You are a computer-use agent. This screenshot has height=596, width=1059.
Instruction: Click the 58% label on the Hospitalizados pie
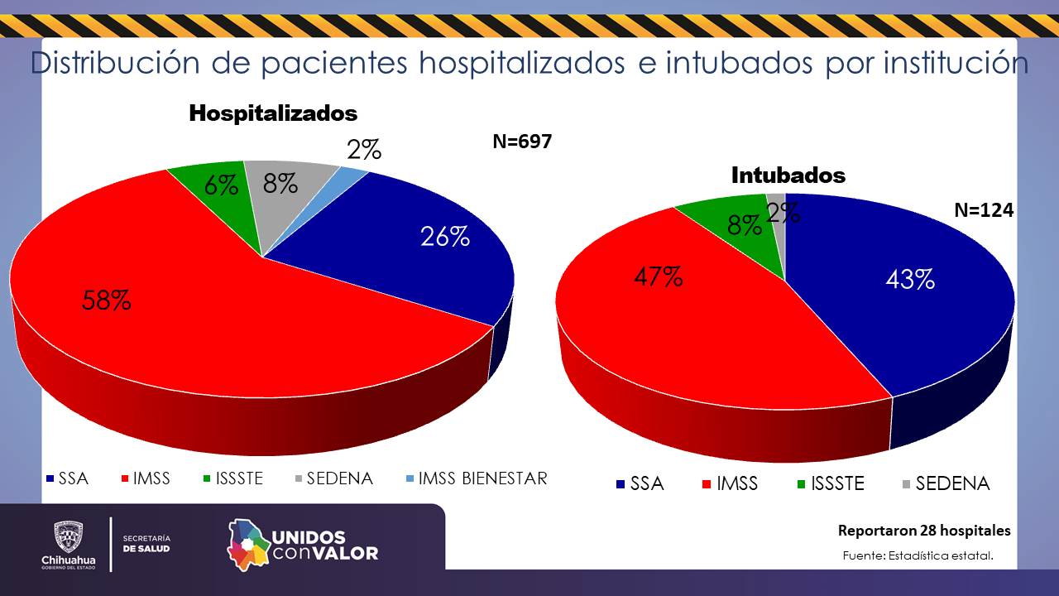click(x=106, y=300)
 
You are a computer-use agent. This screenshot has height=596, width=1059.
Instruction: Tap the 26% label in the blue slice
click(x=444, y=237)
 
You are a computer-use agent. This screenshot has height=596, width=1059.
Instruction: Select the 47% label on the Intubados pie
click(x=659, y=276)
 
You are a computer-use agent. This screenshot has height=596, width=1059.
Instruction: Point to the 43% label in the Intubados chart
click(x=910, y=280)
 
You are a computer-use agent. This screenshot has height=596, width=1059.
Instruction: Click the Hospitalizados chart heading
click(x=273, y=113)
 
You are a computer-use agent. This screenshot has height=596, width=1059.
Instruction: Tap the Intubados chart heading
click(x=788, y=175)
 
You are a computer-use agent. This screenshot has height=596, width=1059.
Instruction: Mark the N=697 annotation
click(x=522, y=142)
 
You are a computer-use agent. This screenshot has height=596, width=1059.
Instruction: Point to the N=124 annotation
click(x=984, y=210)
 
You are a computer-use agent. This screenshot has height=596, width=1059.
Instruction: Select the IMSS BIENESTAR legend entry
click(x=476, y=478)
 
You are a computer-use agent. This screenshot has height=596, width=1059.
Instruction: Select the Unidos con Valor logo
click(x=303, y=544)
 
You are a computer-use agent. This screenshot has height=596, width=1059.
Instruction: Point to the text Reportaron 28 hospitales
click(x=924, y=531)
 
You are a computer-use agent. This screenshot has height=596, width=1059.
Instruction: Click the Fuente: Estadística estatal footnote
click(x=918, y=555)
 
